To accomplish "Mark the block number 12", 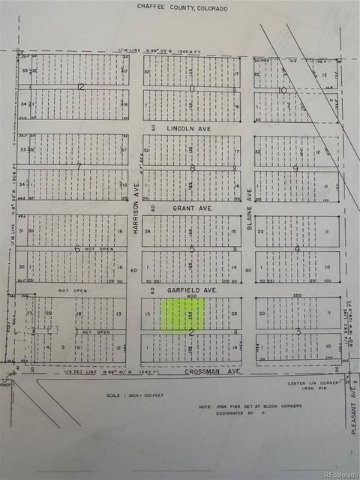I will (80, 87).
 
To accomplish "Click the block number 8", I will (193, 168).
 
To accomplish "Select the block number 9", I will (295, 168).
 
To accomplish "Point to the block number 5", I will (192, 249).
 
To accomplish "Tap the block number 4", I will (297, 249).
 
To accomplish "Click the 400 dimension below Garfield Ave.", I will (192, 296).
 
